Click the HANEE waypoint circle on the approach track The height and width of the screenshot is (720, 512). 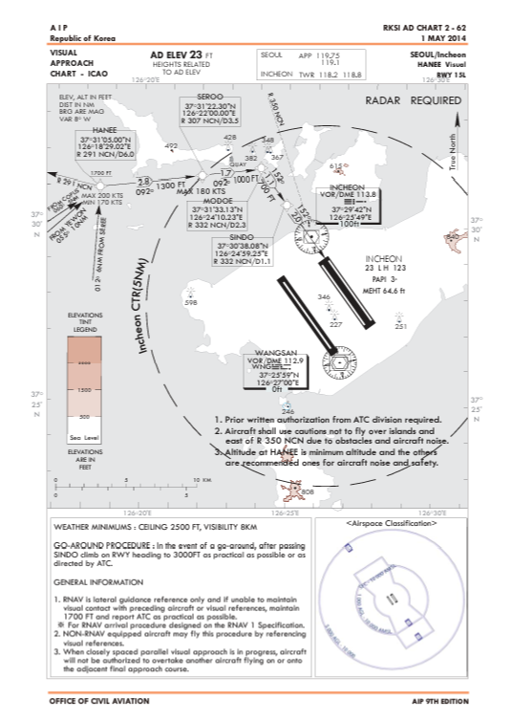96,182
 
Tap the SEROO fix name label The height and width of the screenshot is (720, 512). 207,98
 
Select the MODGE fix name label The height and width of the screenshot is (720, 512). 219,200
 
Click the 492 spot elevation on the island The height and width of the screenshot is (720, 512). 171,146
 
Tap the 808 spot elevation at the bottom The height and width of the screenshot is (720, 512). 307,491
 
